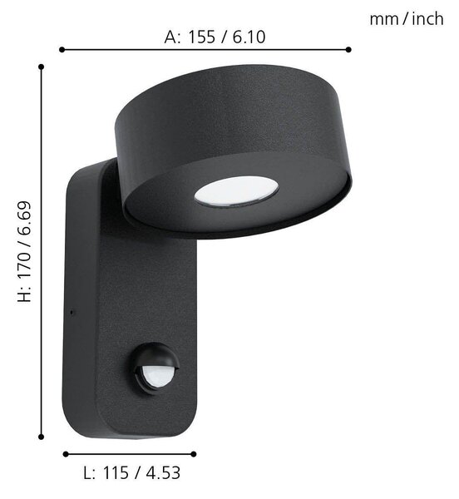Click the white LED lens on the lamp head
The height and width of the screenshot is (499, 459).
point(236,191)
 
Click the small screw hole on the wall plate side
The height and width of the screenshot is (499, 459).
point(72,312)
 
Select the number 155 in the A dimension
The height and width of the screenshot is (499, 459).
point(202,37)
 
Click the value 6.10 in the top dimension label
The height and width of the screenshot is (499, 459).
point(249,37)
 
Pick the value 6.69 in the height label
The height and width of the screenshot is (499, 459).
point(24,217)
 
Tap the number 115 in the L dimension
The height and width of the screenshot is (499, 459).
point(116,473)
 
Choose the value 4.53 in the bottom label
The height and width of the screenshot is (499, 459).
point(164,473)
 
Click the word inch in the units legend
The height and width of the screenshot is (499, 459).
point(427,18)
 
